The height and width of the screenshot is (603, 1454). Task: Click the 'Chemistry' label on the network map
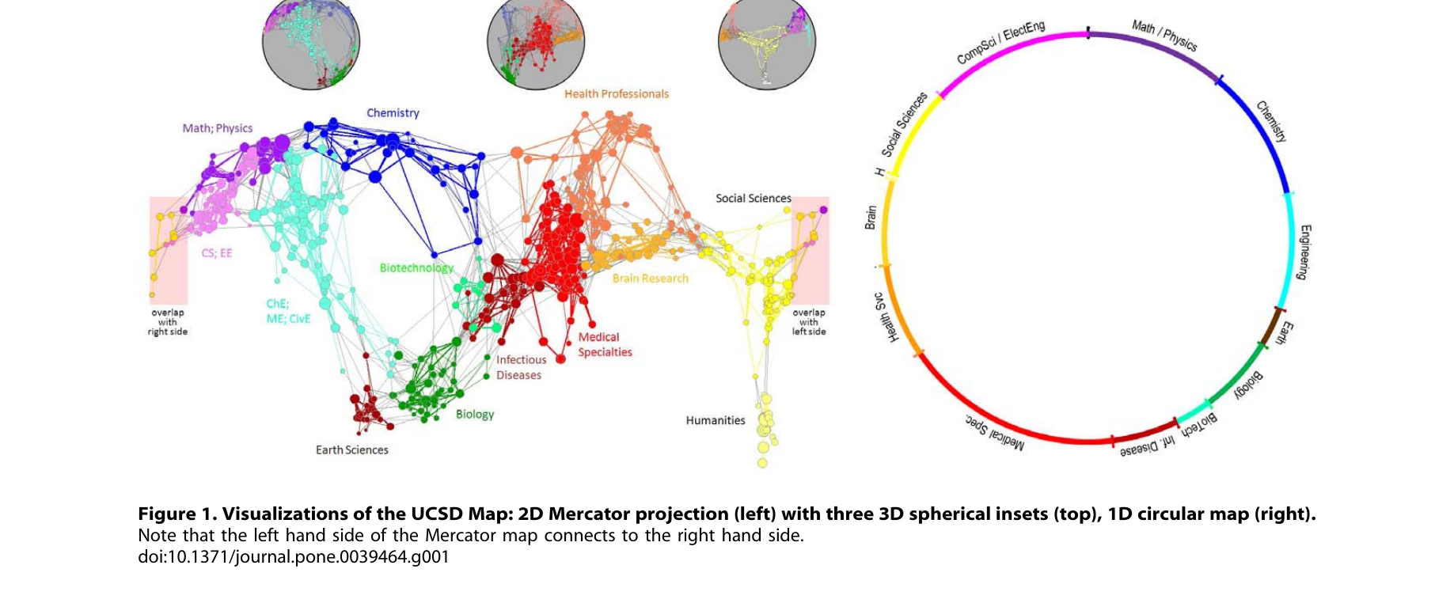point(393,113)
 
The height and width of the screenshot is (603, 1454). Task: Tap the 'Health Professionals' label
point(616,94)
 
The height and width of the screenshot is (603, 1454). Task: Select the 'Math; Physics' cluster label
point(218,128)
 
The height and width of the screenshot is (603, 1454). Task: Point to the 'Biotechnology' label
point(416,268)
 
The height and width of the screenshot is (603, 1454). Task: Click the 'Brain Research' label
point(650,279)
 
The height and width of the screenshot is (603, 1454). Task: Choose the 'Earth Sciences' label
point(352,450)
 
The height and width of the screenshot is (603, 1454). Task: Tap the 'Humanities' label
point(716,421)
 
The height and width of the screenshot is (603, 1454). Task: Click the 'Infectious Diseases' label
point(520,367)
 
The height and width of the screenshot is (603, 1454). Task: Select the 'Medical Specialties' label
point(605,345)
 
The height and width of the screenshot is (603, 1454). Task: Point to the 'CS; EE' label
point(217,253)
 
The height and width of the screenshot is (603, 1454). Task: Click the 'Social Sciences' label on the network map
point(753,199)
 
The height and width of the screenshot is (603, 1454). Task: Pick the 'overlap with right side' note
point(168,322)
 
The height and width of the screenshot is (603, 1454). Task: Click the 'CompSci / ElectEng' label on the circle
point(1000,43)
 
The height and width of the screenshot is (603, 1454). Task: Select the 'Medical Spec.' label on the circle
point(994,432)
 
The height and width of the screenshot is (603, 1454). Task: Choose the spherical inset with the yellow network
point(766,44)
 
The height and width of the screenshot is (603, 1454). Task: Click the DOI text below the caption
point(294,557)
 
